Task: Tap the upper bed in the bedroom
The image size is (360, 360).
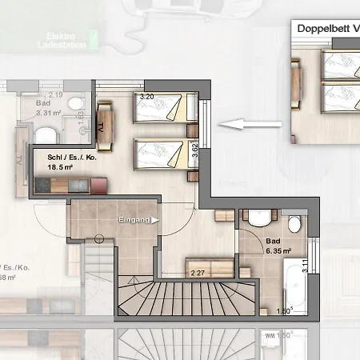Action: [x=165, y=106]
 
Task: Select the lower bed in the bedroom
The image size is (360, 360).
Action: [x=164, y=151]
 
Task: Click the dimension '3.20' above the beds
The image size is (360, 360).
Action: [x=146, y=97]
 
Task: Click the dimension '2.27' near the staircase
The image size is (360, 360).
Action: [x=198, y=274]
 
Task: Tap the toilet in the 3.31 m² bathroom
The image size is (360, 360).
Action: [x=73, y=103]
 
